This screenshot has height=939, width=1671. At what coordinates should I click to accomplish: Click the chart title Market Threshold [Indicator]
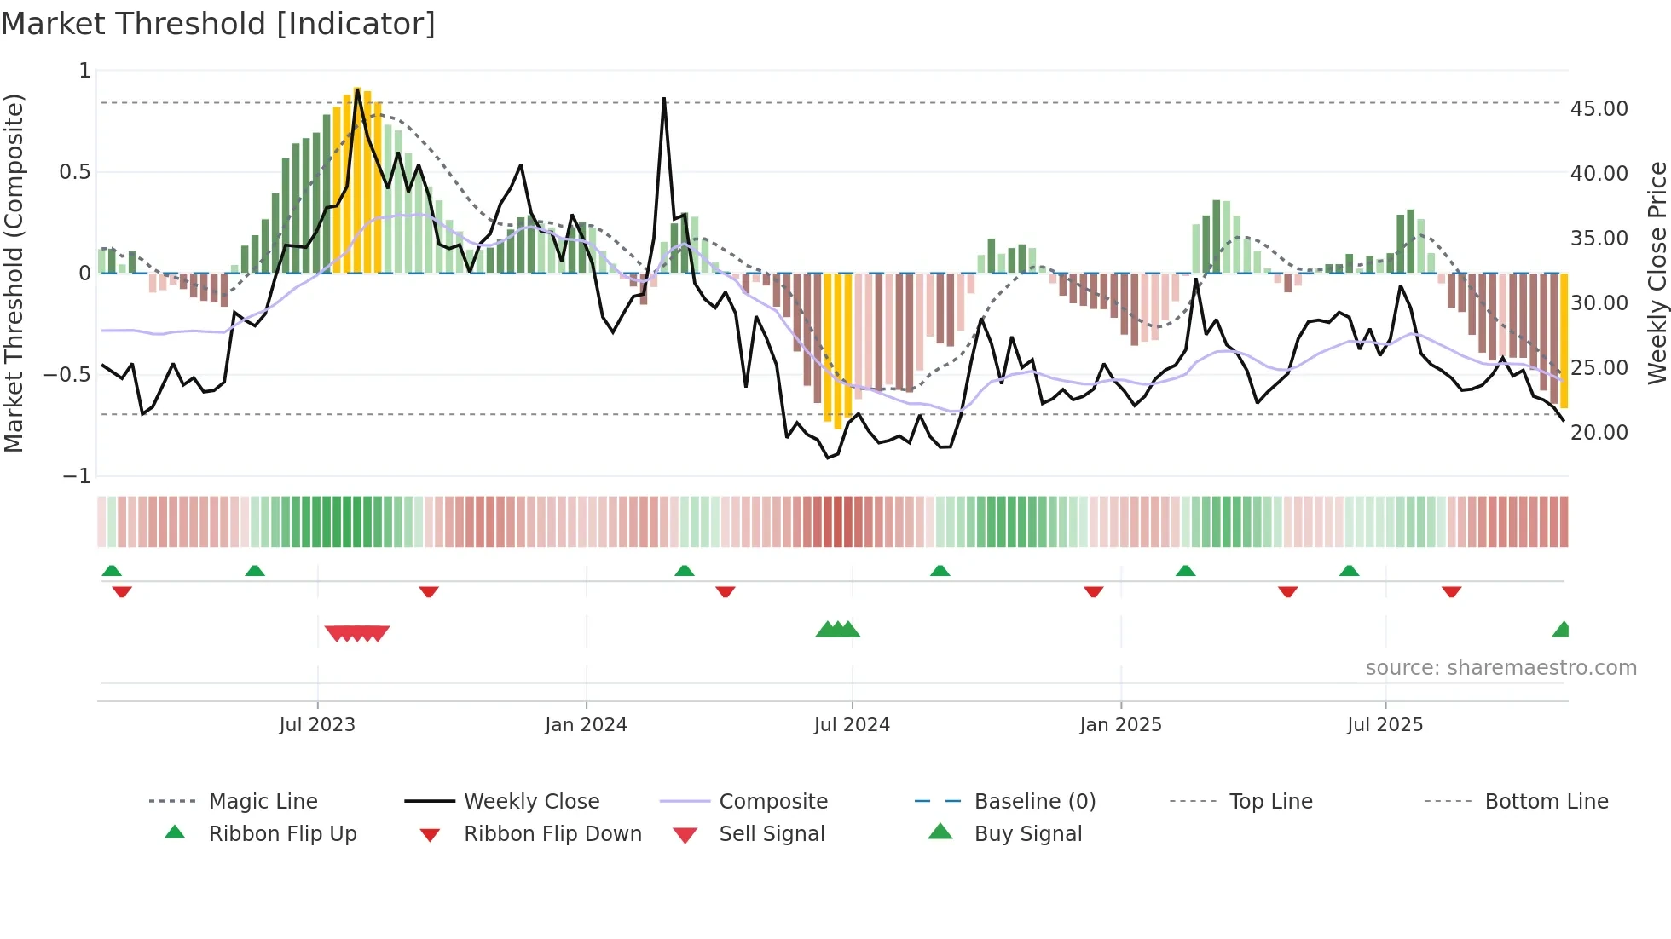tap(218, 24)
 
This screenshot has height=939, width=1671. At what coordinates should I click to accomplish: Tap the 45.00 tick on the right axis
tap(1599, 109)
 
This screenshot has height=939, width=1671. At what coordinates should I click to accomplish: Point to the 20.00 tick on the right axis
tap(1599, 433)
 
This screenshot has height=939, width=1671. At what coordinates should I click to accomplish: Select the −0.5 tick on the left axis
tap(67, 375)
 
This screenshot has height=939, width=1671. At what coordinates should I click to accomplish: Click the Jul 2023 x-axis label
tap(317, 725)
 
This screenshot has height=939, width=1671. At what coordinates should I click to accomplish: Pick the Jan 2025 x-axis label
tap(1120, 725)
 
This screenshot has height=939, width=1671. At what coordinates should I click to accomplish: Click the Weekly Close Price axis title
tap(1657, 273)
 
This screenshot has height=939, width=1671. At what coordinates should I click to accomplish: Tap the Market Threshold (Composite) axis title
tap(14, 273)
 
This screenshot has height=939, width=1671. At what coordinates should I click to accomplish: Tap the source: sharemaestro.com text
tap(1500, 668)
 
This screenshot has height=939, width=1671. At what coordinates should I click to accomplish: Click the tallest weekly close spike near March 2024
tap(664, 100)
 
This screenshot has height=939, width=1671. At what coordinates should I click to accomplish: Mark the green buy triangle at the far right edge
tap(1562, 631)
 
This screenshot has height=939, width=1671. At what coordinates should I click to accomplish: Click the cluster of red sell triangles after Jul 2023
tap(357, 633)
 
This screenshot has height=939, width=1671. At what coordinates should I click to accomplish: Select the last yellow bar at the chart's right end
tap(1564, 341)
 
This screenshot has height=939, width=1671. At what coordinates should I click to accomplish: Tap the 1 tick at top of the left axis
tap(84, 71)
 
